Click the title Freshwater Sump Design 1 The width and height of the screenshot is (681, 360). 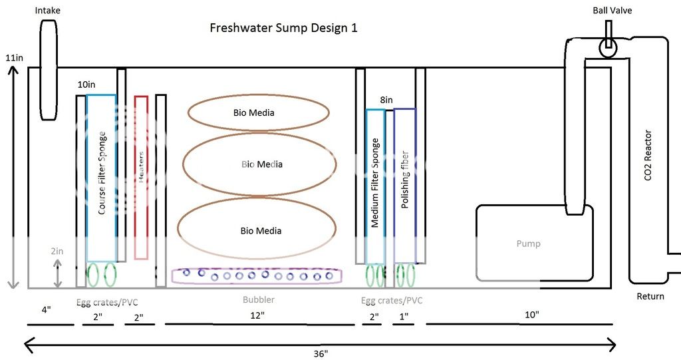284,28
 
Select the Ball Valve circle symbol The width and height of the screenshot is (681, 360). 607,47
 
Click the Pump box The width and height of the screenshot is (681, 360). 529,244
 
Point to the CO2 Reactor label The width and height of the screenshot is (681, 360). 649,156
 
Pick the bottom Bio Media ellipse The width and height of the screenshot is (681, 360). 260,230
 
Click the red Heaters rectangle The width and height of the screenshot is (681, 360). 141,177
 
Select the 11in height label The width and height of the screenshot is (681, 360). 14,58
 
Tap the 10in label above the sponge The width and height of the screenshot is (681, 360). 86,85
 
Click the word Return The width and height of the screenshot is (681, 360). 650,296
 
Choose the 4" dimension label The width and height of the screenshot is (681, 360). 46,309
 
